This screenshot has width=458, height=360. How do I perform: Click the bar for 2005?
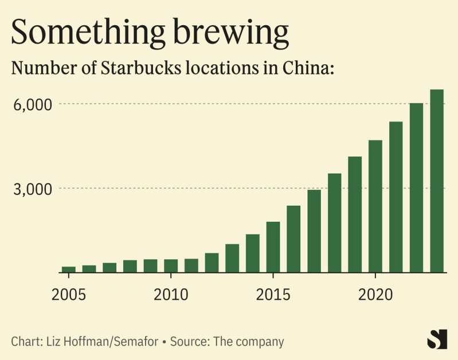(69, 269)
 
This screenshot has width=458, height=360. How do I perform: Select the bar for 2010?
(171, 266)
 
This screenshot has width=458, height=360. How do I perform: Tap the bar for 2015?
(273, 247)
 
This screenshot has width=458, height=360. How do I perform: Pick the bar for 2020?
(375, 206)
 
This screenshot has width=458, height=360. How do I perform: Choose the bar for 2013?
(232, 259)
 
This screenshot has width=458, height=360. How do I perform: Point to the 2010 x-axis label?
(171, 295)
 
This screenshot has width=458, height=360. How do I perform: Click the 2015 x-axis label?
(273, 295)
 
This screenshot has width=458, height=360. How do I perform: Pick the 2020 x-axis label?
(375, 295)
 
